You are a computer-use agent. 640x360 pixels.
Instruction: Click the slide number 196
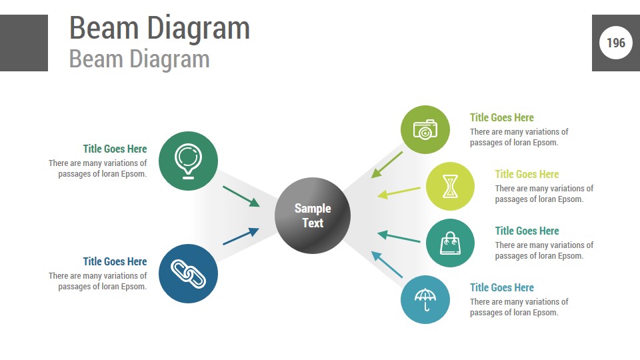point(616,43)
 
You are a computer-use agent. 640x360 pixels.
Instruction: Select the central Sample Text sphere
point(313,215)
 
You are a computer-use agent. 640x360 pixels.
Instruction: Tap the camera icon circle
point(425,129)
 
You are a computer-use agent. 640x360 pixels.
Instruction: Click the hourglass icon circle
point(450,186)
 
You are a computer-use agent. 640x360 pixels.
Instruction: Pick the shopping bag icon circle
point(450,243)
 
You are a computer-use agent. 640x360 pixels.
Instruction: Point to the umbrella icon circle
point(425,299)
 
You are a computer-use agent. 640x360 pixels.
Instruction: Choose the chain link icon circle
point(189,273)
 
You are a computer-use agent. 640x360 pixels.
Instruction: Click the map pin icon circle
point(189,161)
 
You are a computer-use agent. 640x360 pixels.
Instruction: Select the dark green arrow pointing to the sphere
point(241,196)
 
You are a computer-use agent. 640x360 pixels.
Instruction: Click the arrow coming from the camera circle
point(387,164)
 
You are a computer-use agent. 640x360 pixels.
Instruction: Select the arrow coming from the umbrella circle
point(387,265)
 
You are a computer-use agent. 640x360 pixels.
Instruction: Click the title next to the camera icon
point(502,117)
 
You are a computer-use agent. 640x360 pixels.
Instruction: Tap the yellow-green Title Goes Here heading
point(527,174)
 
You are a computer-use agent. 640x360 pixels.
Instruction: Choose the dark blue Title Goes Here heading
point(115,261)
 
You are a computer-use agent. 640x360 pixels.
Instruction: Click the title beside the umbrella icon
point(502,287)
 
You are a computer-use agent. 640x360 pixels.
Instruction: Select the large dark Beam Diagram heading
point(159,28)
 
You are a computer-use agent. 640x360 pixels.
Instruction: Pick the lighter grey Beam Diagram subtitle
point(139,59)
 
